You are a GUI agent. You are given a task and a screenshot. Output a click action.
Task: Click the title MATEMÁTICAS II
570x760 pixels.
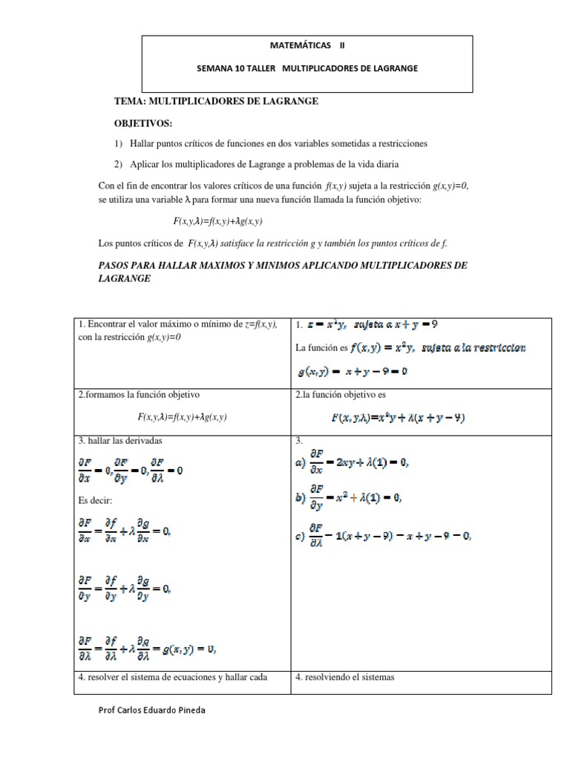pyautogui.click(x=307, y=45)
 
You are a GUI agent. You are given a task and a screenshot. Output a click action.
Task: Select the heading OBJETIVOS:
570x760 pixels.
pyautogui.click(x=142, y=122)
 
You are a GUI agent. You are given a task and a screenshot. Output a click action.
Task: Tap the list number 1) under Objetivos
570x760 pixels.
pyautogui.click(x=119, y=143)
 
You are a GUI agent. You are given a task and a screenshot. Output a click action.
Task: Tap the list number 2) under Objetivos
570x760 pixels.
pyautogui.click(x=119, y=164)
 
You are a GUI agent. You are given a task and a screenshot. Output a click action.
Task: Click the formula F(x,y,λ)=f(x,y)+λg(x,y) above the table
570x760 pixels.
pyautogui.click(x=218, y=222)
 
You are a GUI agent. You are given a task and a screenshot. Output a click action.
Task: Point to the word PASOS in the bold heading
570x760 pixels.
pyautogui.click(x=117, y=265)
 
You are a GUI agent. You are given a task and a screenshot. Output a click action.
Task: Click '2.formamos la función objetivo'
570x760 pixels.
pyautogui.click(x=139, y=395)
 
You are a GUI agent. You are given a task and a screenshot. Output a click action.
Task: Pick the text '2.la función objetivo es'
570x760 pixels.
pyautogui.click(x=340, y=395)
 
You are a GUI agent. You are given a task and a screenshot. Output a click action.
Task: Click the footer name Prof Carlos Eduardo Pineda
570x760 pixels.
pyautogui.click(x=152, y=710)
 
